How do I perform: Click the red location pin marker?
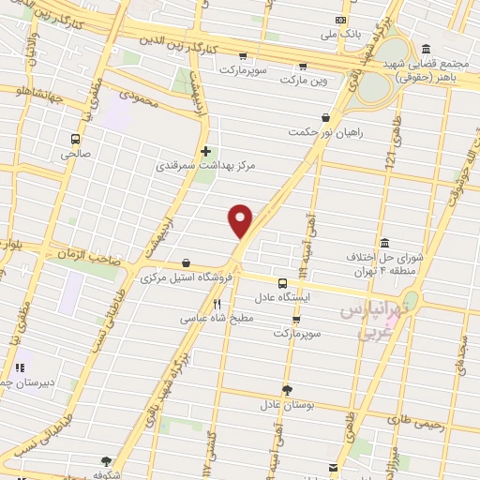[x=242, y=221]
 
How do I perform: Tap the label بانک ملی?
[x=316, y=35]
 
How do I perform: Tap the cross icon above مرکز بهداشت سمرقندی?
[x=205, y=150]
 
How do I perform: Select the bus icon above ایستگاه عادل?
[x=282, y=282]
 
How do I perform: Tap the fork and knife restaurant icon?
[x=217, y=304]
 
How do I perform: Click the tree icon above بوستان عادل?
[x=286, y=390]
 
